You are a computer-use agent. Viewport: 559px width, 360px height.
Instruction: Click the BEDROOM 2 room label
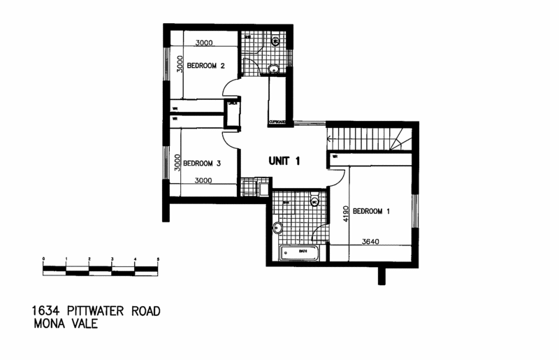point(205,67)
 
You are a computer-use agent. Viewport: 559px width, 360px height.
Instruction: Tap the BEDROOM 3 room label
point(202,164)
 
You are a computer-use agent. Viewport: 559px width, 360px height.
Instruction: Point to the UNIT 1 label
point(284,161)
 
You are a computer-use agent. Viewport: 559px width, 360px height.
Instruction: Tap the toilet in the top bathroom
point(275,42)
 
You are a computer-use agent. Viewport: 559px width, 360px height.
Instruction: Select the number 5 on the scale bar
point(158,259)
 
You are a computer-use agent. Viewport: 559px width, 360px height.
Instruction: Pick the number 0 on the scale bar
point(43,259)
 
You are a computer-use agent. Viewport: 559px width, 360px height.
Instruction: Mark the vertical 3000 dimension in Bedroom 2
point(179,66)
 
